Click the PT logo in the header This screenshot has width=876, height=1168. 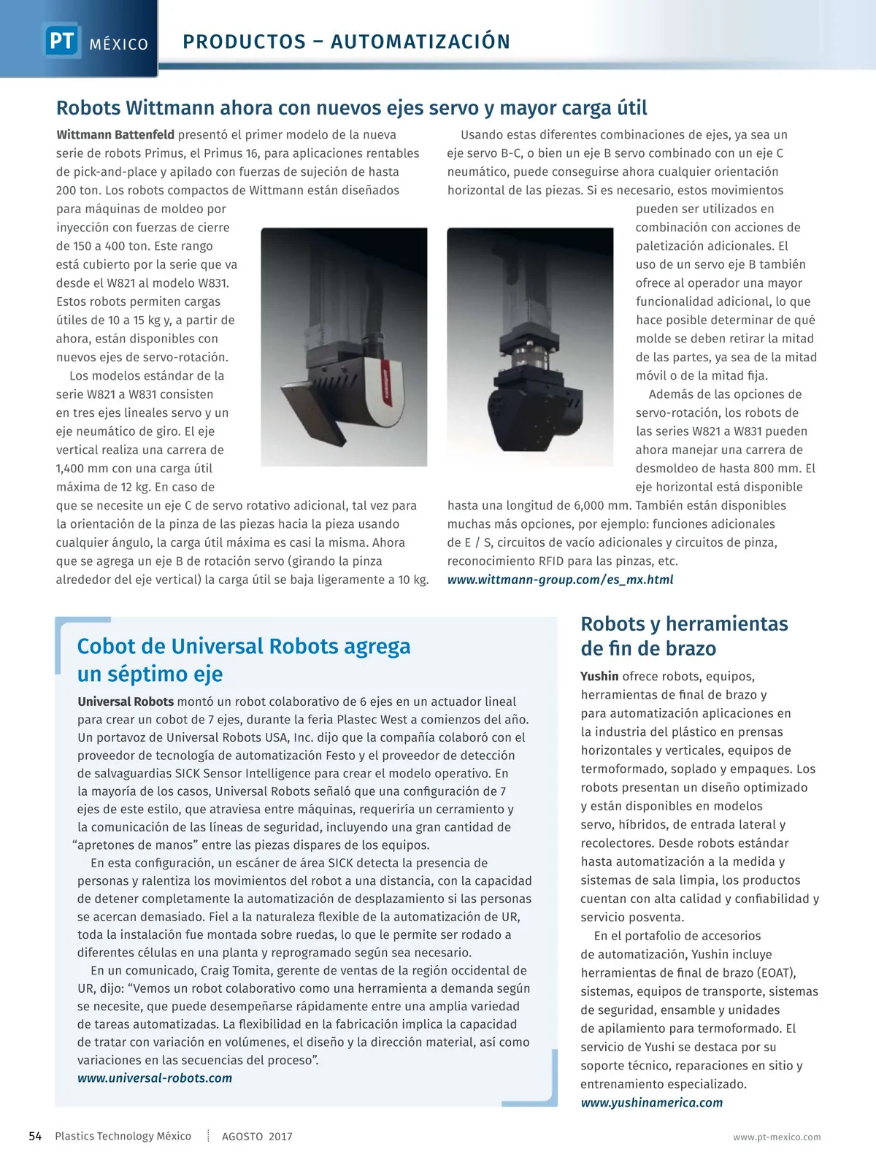coord(62,40)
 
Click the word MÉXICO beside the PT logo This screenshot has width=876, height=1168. coord(119,45)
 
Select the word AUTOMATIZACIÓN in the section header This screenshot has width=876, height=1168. coord(420,42)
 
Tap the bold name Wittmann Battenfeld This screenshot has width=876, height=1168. coord(115,134)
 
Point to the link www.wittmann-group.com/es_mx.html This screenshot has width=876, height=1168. coord(560,580)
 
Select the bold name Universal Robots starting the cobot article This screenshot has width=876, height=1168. coord(126,702)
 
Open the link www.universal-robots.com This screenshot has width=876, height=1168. coord(155,1078)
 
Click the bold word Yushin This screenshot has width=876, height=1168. coord(599,676)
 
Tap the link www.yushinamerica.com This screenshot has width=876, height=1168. coord(651,1102)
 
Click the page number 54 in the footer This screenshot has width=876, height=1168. coord(35,1136)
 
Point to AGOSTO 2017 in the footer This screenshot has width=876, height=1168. coord(257,1137)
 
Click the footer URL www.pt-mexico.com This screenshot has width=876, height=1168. coord(777,1137)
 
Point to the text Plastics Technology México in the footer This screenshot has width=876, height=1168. coord(123,1136)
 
